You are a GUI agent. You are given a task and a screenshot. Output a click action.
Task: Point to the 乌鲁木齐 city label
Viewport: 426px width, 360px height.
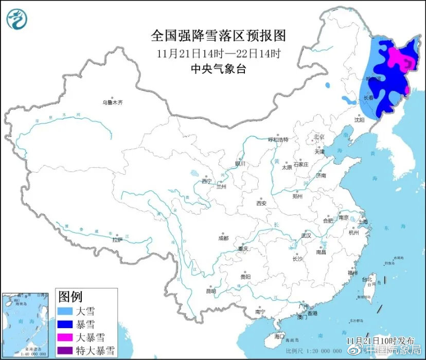tap(113, 103)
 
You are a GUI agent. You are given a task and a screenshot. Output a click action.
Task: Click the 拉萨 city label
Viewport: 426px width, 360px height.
tap(117, 240)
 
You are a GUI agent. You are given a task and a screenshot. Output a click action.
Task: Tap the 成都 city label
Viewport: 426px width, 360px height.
tap(223, 238)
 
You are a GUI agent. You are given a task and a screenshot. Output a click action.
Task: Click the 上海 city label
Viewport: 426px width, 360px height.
tap(363, 222)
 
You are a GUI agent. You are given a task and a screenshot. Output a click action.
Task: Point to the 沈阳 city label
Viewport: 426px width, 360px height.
tap(359, 120)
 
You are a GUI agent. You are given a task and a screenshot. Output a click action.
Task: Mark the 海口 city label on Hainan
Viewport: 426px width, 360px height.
tap(279, 336)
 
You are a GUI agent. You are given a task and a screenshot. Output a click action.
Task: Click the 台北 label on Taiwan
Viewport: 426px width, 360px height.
tap(367, 280)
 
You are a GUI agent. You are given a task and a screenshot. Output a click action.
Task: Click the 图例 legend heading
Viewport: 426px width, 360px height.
tap(70, 296)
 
